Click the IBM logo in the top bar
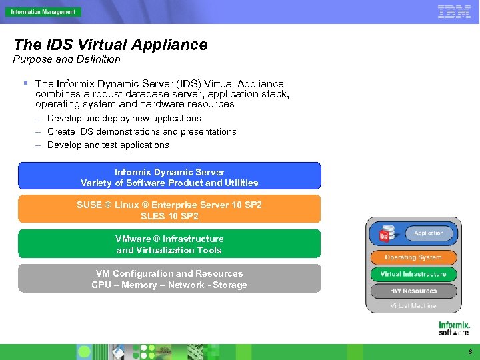click(454, 11)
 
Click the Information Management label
click(43, 12)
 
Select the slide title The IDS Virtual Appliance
click(111, 45)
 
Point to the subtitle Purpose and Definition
click(67, 59)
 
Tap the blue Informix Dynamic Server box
click(169, 177)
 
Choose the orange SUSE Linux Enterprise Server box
click(169, 210)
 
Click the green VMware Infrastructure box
click(169, 244)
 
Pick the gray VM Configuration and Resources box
click(169, 279)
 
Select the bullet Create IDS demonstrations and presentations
click(141, 131)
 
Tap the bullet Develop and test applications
click(108, 145)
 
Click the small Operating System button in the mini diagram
click(413, 257)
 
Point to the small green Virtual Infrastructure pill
click(413, 274)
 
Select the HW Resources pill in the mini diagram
click(413, 291)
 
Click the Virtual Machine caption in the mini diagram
click(413, 306)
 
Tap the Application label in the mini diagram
click(429, 233)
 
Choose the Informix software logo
click(454, 328)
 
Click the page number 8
click(470, 351)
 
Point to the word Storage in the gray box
click(231, 285)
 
